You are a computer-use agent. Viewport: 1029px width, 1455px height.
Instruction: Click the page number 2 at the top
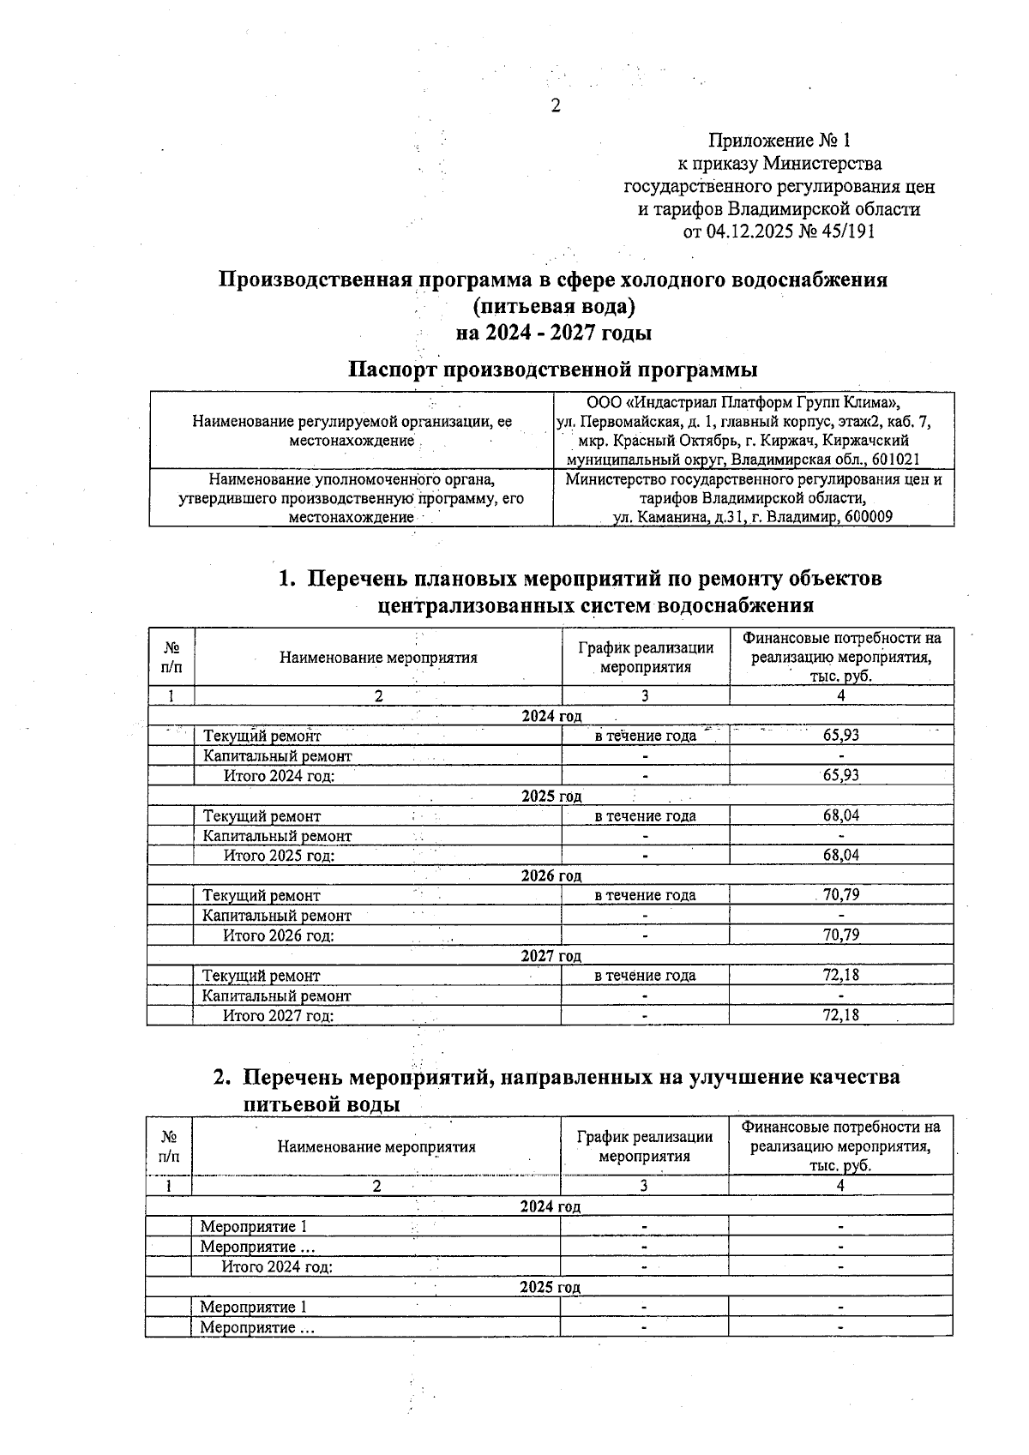(555, 106)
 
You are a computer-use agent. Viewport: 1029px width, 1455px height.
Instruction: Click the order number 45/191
(847, 231)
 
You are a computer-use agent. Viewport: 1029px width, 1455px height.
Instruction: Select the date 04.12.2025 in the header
(749, 231)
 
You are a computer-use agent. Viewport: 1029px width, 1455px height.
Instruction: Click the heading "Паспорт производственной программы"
(552, 370)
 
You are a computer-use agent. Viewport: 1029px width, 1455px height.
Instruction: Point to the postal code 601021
(895, 460)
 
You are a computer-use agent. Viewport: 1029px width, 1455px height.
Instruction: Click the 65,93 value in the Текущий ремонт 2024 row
(840, 735)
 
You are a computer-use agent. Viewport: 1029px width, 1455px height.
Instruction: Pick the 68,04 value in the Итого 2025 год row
(840, 855)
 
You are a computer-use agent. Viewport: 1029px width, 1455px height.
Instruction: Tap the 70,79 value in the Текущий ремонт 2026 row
(840, 895)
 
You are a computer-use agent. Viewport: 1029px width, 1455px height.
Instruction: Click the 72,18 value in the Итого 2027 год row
(840, 1015)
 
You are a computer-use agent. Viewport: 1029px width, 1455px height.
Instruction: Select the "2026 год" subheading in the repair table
(551, 875)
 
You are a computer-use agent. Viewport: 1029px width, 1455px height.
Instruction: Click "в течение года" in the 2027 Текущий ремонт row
(645, 976)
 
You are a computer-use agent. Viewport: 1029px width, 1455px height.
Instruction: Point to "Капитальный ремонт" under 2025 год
(277, 836)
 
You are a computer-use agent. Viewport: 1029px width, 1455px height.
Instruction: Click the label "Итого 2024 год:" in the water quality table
(277, 1266)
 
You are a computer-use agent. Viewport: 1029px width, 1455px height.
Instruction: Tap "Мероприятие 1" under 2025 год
(253, 1307)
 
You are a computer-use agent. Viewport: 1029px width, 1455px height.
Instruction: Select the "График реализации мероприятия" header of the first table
(645, 658)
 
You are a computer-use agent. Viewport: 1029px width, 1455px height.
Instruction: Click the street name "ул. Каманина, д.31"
(678, 517)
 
